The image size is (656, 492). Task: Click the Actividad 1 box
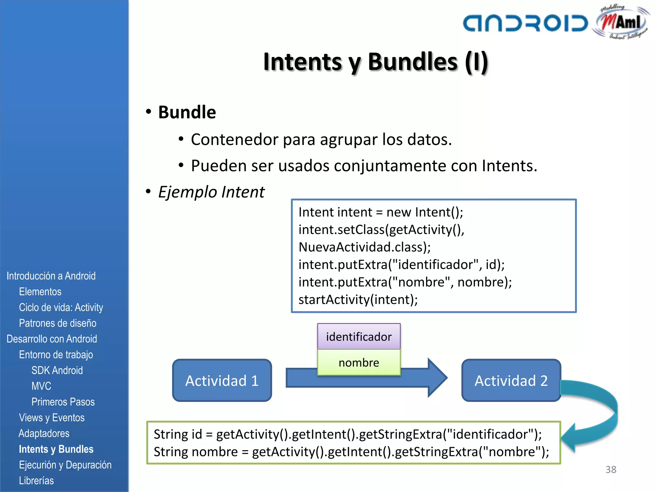(x=222, y=381)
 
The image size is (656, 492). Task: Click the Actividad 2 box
(x=511, y=381)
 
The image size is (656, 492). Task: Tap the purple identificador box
(x=359, y=337)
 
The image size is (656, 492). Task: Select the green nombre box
(x=359, y=363)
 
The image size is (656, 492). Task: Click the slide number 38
(x=611, y=470)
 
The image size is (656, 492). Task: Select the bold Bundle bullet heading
(x=187, y=112)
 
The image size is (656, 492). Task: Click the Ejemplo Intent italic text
(x=211, y=192)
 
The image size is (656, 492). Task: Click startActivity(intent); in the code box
(x=358, y=300)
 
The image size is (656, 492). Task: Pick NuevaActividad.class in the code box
(x=365, y=247)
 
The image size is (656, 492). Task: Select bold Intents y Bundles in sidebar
(x=56, y=449)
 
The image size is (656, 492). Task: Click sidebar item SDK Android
(x=57, y=370)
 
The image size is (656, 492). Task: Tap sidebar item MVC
(x=41, y=386)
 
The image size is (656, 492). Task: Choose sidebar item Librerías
(x=36, y=480)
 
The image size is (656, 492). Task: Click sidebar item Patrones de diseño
(x=58, y=323)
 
